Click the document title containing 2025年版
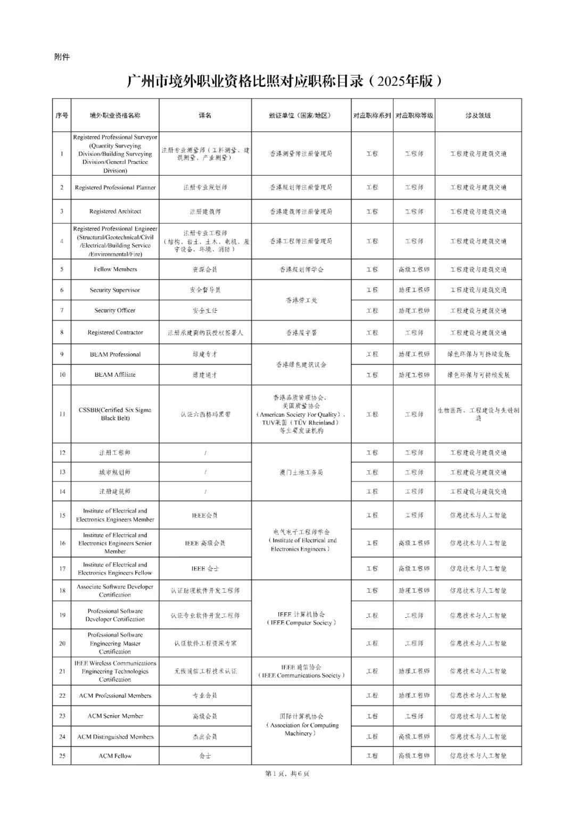(285, 81)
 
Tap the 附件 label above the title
(62, 57)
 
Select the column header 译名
(205, 115)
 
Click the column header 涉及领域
(478, 115)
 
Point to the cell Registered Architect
(115, 211)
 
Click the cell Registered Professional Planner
(115, 187)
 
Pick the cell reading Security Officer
(115, 310)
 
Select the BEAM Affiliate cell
(115, 375)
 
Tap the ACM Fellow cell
(115, 756)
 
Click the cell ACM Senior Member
(115, 716)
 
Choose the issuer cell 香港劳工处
(301, 300)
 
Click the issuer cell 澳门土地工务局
(301, 472)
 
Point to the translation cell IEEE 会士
(205, 569)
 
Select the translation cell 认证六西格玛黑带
(205, 414)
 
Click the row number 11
(62, 414)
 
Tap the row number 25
(62, 756)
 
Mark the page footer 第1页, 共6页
(287, 774)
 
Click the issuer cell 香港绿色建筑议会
(301, 364)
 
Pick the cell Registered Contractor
(115, 333)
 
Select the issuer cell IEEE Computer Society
(301, 618)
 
